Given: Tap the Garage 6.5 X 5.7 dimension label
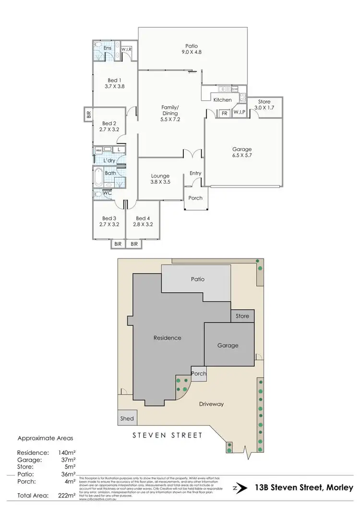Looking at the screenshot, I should point(242,153).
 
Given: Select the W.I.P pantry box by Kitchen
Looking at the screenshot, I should point(239,113).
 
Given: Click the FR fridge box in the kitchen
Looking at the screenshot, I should point(224,113).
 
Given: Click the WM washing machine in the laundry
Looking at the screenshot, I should point(99,150).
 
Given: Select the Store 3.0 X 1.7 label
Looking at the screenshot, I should point(264,105).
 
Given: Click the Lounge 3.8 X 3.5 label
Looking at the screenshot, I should point(160,179).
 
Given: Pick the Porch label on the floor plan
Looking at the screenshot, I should point(195,198).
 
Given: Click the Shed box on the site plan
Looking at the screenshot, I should point(127,418).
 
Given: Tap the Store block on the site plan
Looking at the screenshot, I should point(242,316).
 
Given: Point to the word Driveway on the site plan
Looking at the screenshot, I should point(211,404).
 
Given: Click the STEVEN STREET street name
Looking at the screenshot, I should point(168,436).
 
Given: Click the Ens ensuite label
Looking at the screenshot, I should point(108,48).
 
